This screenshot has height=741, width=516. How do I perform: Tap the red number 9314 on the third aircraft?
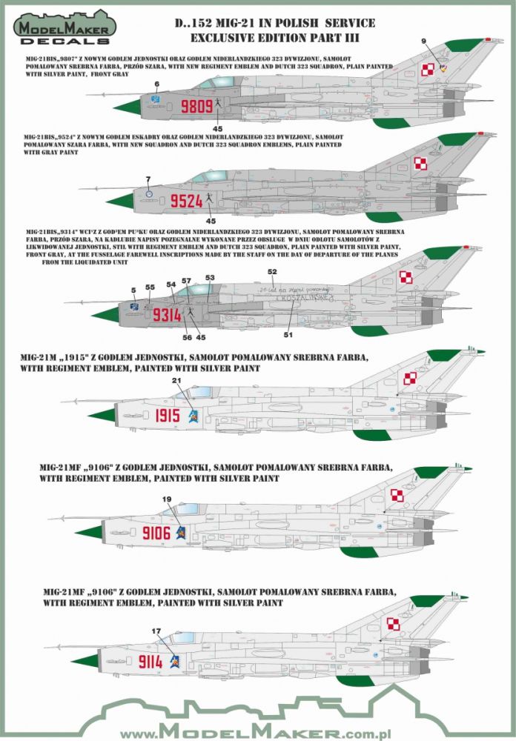click(x=167, y=314)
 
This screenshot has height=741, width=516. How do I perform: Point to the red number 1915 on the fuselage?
click(x=169, y=416)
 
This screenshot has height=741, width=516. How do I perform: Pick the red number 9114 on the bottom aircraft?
click(x=152, y=659)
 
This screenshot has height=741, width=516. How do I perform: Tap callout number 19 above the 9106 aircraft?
click(x=166, y=499)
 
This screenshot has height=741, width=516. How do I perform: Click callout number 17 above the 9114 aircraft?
click(x=156, y=631)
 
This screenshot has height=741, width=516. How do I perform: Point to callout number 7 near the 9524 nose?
click(x=148, y=179)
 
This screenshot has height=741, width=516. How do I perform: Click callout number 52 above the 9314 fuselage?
click(x=272, y=271)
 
